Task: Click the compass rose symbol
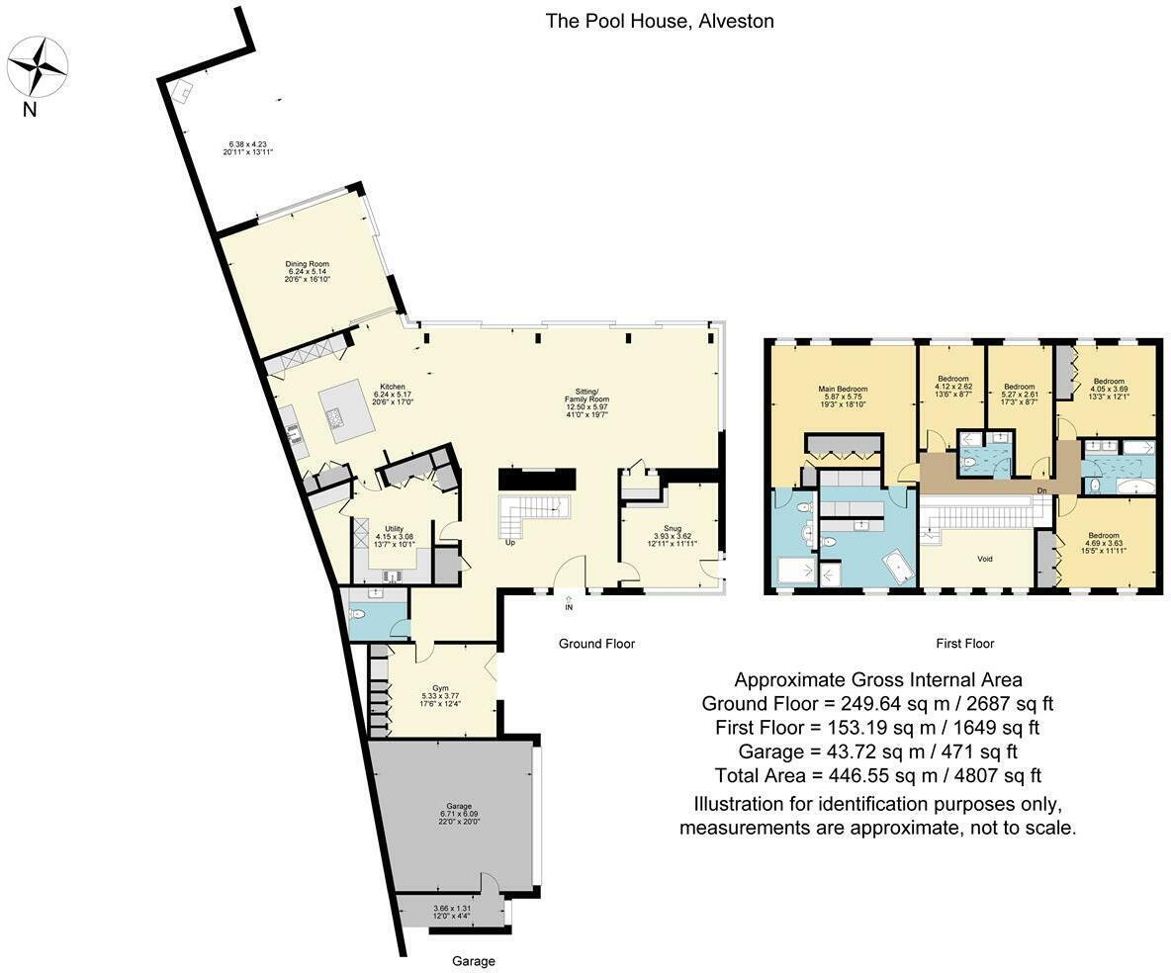point(38,67)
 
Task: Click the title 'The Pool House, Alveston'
point(660,21)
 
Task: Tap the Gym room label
point(441,694)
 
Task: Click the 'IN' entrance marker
point(569,606)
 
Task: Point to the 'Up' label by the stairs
point(510,543)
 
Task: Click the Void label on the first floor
point(985,560)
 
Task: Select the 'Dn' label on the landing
point(1041,489)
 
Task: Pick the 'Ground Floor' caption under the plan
point(596,644)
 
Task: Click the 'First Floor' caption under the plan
point(964,644)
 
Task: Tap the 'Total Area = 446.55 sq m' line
point(877,776)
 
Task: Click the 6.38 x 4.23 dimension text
point(247,147)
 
